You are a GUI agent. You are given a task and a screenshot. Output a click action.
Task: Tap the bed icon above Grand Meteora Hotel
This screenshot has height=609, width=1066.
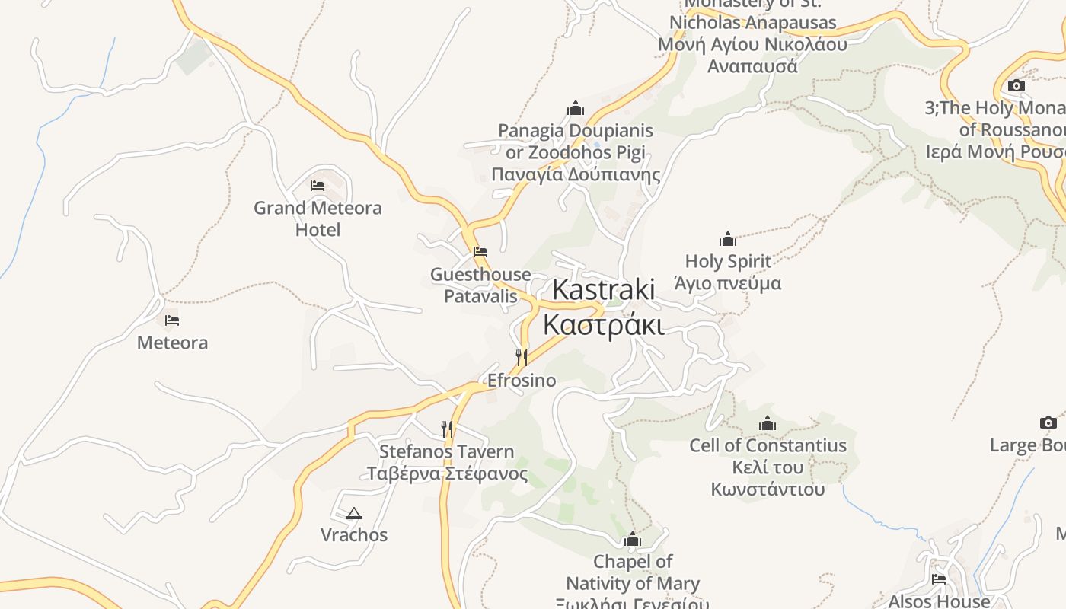pyautogui.click(x=318, y=185)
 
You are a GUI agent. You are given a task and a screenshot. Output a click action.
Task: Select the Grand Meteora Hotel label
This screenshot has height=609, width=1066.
pyautogui.click(x=318, y=218)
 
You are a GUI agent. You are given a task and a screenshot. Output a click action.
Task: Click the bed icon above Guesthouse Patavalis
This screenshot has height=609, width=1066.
pyautogui.click(x=480, y=251)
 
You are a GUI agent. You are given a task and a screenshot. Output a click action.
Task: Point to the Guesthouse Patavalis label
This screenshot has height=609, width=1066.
pyautogui.click(x=480, y=285)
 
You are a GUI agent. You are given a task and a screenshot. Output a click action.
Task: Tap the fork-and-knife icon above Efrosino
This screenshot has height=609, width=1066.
pyautogui.click(x=522, y=357)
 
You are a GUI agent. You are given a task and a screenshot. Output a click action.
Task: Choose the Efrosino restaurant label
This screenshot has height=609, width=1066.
pyautogui.click(x=522, y=380)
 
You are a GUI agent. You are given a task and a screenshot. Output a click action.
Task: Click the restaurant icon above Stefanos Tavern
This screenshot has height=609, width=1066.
pyautogui.click(x=447, y=429)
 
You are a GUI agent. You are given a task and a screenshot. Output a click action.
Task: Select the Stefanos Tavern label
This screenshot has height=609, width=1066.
pyautogui.click(x=447, y=462)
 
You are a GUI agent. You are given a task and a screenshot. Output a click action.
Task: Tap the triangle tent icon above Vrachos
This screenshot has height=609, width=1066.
pyautogui.click(x=353, y=514)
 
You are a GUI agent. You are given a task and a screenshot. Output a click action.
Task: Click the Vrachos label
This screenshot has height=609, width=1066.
pyautogui.click(x=353, y=534)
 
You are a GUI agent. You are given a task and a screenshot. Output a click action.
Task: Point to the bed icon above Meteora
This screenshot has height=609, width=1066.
pyautogui.click(x=172, y=320)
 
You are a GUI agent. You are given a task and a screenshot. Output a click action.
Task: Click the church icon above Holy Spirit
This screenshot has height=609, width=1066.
pyautogui.click(x=728, y=239)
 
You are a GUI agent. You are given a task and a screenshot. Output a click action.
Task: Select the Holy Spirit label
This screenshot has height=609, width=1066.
pyautogui.click(x=728, y=272)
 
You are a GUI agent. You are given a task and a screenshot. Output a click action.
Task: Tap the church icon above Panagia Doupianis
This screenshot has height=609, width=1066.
pyautogui.click(x=576, y=107)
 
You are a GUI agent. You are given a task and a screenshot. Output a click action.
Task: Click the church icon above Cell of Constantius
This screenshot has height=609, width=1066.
pyautogui.click(x=768, y=423)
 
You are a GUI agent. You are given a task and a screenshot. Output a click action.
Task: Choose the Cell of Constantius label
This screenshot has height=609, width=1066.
pyautogui.click(x=768, y=467)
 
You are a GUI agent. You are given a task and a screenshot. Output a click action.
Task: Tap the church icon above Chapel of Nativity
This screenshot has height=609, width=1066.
pyautogui.click(x=632, y=540)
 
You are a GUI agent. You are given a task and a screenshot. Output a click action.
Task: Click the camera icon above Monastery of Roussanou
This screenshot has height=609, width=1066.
pyautogui.click(x=1016, y=85)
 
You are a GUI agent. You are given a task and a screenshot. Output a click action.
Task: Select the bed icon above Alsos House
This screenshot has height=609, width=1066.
pyautogui.click(x=938, y=579)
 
